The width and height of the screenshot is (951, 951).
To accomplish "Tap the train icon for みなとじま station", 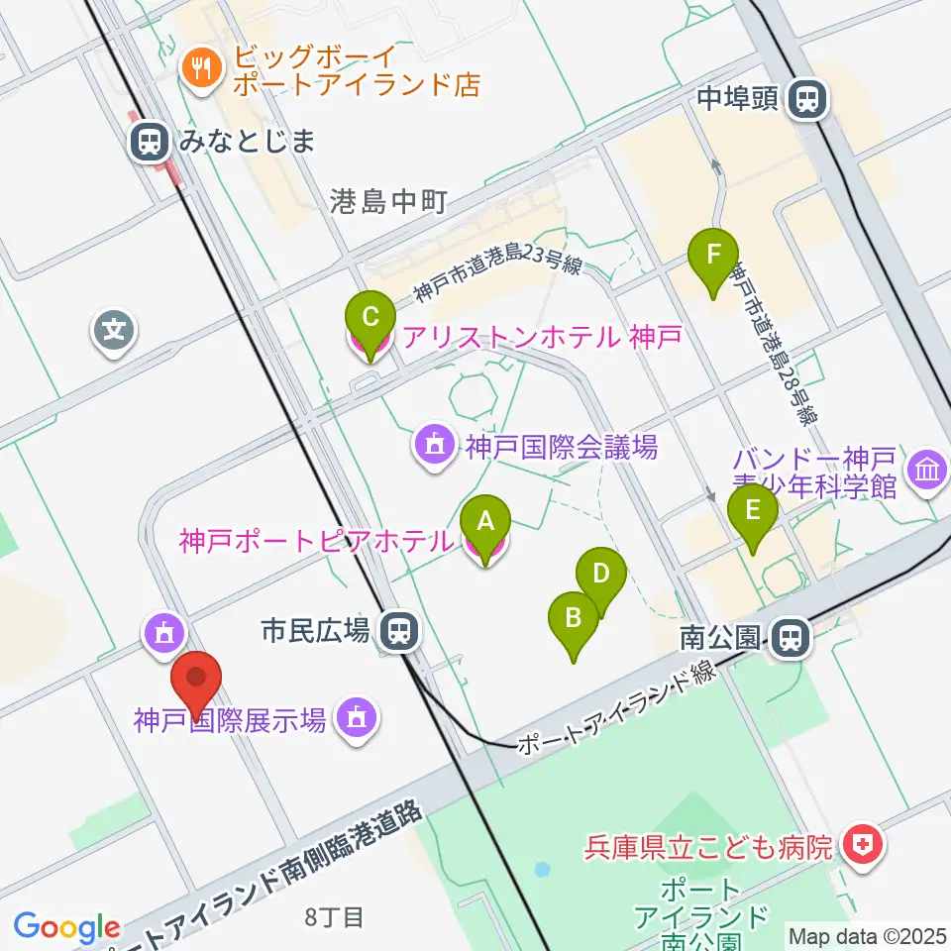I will tap(149, 142).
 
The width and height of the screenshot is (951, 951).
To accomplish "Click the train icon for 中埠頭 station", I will tap(808, 98).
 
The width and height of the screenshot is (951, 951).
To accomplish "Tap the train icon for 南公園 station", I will tap(790, 637).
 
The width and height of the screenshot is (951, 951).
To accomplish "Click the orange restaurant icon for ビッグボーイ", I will tap(203, 69).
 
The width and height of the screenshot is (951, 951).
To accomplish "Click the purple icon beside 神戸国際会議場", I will tap(434, 448).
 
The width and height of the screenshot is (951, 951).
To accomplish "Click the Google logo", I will tap(66, 927).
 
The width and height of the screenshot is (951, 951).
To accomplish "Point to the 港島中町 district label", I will tap(388, 202).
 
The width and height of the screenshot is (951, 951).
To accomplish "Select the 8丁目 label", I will tap(334, 917).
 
